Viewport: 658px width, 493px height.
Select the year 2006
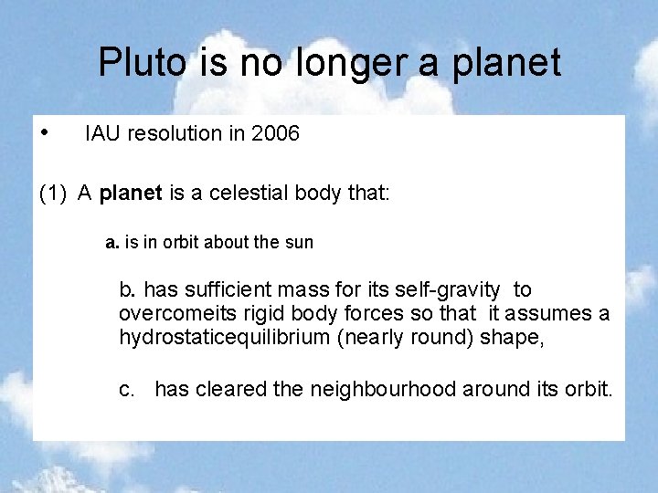coord(276,134)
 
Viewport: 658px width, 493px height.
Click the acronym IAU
coord(103,134)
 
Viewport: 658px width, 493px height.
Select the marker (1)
coord(54,194)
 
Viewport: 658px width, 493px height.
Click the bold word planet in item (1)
coord(130,194)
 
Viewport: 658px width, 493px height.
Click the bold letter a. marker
coord(112,243)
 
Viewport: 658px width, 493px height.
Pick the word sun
coord(298,243)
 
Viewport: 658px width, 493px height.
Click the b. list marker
coord(127,290)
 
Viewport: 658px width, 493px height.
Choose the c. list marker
coord(127,390)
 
